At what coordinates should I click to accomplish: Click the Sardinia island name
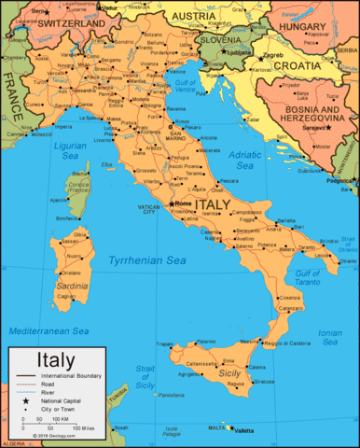(72, 285)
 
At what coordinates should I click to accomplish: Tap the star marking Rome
(170, 204)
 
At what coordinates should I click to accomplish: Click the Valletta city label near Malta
(244, 430)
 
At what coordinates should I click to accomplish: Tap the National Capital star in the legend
(26, 399)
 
